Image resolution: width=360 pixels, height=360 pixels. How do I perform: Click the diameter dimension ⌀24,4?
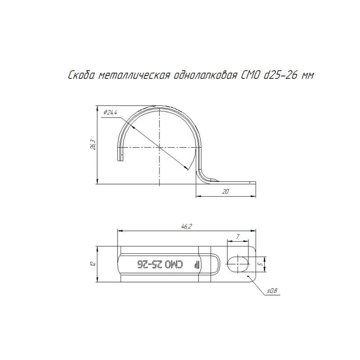pyautogui.click(x=110, y=112)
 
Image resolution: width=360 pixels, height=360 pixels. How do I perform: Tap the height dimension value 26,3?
pyautogui.click(x=93, y=144)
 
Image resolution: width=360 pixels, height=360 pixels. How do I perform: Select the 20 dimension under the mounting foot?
pyautogui.click(x=225, y=191)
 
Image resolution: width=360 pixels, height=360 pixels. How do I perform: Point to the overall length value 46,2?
pyautogui.click(x=186, y=226)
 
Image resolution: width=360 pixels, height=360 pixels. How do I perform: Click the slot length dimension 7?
pyautogui.click(x=238, y=236)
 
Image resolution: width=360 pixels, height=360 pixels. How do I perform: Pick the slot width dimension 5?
pyautogui.click(x=261, y=264)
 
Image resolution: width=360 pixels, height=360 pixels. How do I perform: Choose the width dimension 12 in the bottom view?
pyautogui.click(x=93, y=264)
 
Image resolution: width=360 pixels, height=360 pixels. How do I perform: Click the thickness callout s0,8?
pyautogui.click(x=272, y=291)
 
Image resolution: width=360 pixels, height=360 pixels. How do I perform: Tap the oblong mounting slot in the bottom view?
pyautogui.click(x=238, y=264)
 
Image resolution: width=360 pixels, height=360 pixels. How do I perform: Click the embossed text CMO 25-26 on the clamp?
pyautogui.click(x=160, y=265)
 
